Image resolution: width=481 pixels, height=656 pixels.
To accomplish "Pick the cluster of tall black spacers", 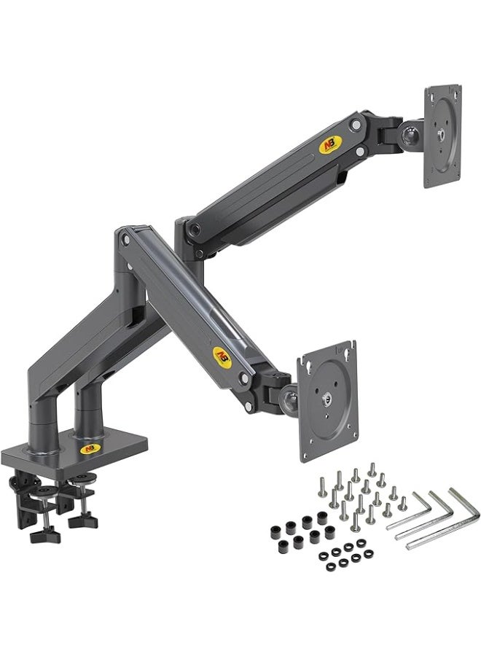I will [x=299, y=530].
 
